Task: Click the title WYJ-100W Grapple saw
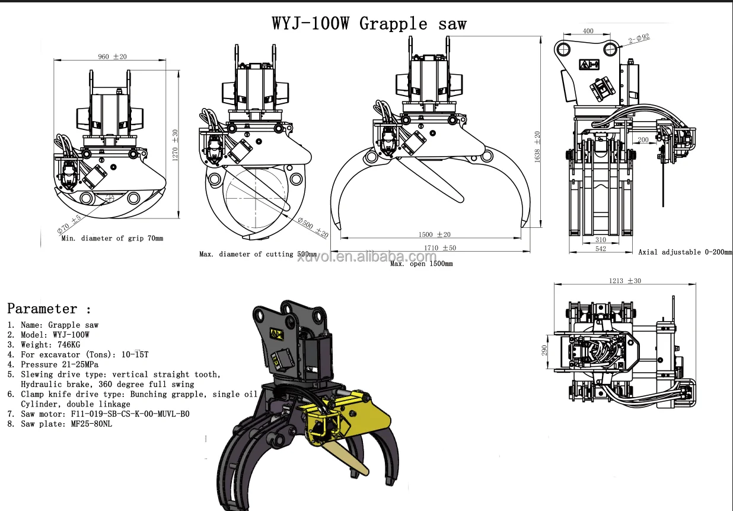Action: click(x=369, y=24)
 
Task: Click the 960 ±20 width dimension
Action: click(x=112, y=57)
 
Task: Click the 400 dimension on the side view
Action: click(x=588, y=31)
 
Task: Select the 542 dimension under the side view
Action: click(x=600, y=249)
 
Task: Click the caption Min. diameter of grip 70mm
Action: click(x=112, y=238)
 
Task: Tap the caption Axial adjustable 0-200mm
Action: click(x=684, y=252)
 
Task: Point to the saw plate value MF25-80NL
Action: click(x=91, y=424)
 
